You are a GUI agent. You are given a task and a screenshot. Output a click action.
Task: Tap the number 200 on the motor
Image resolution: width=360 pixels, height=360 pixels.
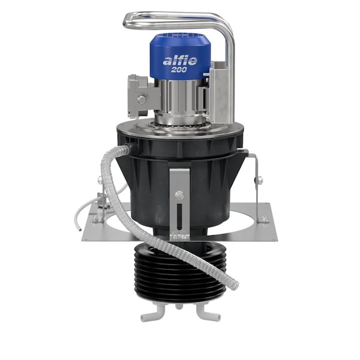pos(179,70)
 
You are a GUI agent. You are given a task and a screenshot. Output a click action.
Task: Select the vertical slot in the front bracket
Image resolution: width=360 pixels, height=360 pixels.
pos(178,218)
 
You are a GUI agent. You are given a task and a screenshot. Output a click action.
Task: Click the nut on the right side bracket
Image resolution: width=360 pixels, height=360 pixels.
pos(259,179)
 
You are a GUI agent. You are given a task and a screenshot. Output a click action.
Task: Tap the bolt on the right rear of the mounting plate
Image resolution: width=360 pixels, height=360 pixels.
pos(263,218)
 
